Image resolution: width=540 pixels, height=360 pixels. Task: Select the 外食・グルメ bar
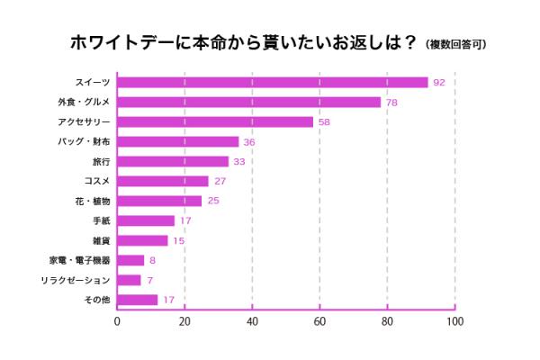point(247,102)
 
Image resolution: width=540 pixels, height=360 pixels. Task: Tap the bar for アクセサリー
point(214,121)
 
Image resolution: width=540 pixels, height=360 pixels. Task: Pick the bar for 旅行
point(172,161)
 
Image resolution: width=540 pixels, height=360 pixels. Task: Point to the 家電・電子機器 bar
point(130,260)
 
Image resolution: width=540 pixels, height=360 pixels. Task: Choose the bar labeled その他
point(137,300)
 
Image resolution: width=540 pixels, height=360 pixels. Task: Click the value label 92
point(439,82)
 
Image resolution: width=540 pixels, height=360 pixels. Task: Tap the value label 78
point(391,102)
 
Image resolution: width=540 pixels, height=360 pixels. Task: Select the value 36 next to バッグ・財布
point(249,141)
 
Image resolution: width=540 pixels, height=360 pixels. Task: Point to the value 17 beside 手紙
point(185,220)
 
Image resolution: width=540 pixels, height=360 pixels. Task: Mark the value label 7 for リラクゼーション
point(149,280)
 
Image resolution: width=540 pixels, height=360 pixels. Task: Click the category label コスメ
point(96,181)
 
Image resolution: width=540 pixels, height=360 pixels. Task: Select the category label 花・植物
point(93,201)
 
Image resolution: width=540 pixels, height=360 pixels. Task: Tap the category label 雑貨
point(101,240)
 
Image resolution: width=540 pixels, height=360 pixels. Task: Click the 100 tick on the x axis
point(454,321)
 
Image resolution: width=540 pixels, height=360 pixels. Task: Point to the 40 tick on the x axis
point(252,321)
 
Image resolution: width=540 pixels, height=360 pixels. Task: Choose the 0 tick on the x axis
point(117,321)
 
